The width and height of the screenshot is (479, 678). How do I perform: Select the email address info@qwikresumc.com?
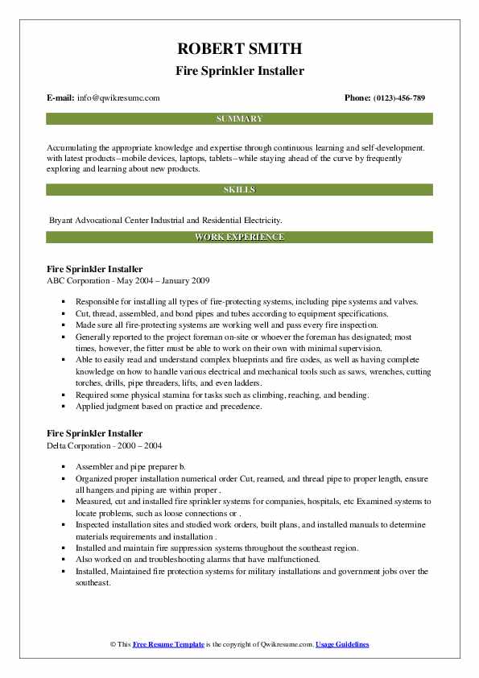(x=118, y=98)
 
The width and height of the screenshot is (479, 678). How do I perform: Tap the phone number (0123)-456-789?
(x=396, y=98)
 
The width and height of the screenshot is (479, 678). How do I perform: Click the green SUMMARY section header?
(x=239, y=119)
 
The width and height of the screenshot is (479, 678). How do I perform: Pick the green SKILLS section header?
(x=239, y=190)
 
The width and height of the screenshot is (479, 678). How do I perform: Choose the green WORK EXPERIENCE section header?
(x=239, y=238)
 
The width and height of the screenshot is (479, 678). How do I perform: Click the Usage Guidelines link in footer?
(x=342, y=645)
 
